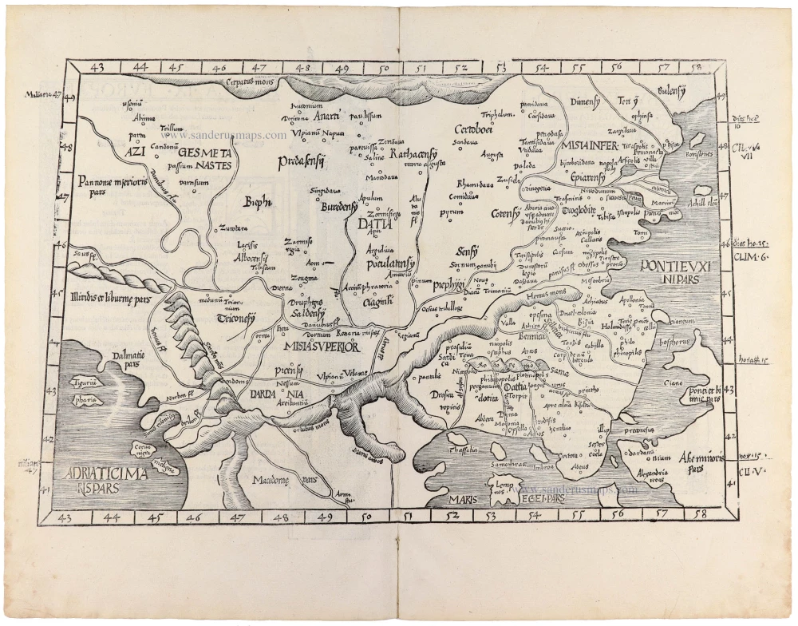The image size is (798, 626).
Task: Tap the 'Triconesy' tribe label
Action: [235, 318]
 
